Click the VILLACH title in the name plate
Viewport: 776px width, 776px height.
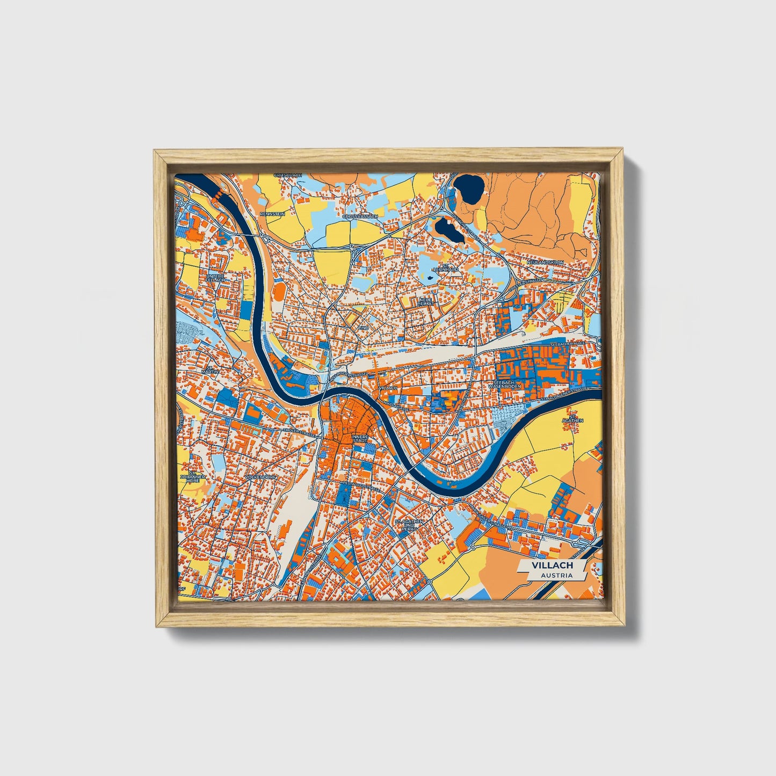(552, 565)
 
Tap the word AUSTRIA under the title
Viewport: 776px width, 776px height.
(556, 576)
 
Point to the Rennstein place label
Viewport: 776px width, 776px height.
(272, 214)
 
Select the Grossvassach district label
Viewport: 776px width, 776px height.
(360, 216)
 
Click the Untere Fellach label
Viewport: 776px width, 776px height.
(215, 278)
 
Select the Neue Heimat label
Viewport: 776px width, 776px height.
(425, 302)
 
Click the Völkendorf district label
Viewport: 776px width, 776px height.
(259, 477)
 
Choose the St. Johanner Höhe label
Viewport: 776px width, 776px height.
(192, 478)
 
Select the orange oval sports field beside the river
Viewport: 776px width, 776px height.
(280, 293)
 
